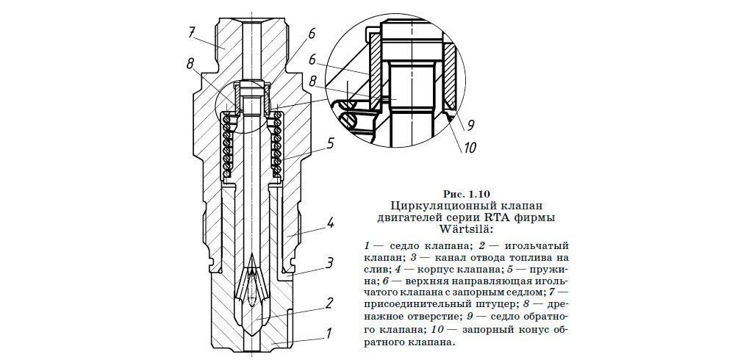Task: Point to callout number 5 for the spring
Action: (331, 144)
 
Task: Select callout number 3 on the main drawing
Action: (331, 262)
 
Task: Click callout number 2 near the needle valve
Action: (330, 302)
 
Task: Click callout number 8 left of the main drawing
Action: (190, 64)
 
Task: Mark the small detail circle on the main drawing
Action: (243, 111)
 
